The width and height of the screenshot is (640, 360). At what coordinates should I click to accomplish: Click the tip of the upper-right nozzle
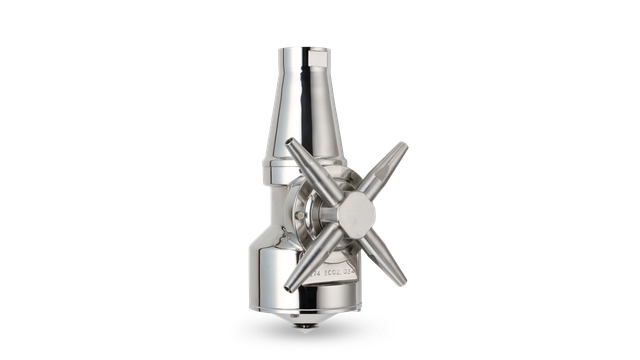pyautogui.click(x=408, y=145)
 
